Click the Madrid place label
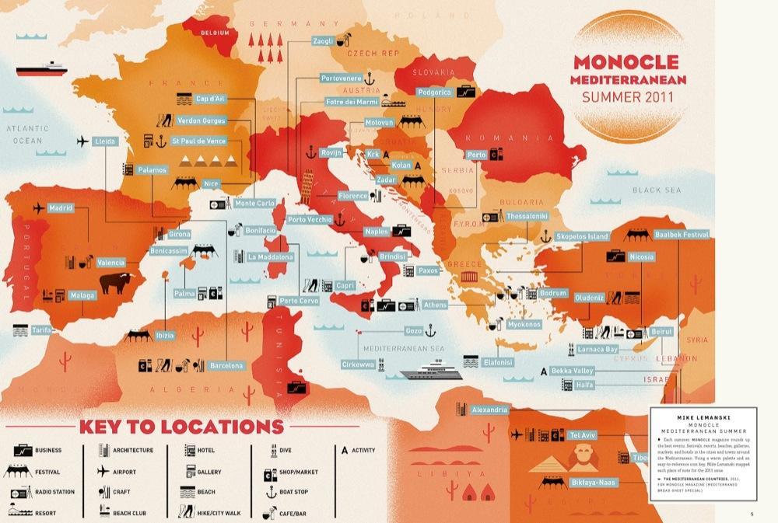pyautogui.click(x=61, y=208)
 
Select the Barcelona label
pyautogui.click(x=226, y=365)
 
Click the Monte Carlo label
pyautogui.click(x=254, y=204)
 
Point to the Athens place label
pyautogui.click(x=436, y=305)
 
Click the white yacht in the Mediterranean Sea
pyautogui.click(x=429, y=371)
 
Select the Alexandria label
pyautogui.click(x=489, y=410)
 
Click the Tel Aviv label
pyautogui.click(x=583, y=434)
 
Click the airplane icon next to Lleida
pyautogui.click(x=83, y=141)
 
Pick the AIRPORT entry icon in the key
pyautogui.click(x=103, y=471)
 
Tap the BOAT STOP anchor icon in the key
pyautogui.click(x=272, y=492)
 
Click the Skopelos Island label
pyautogui.click(x=582, y=235)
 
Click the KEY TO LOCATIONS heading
pyautogui.click(x=180, y=426)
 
